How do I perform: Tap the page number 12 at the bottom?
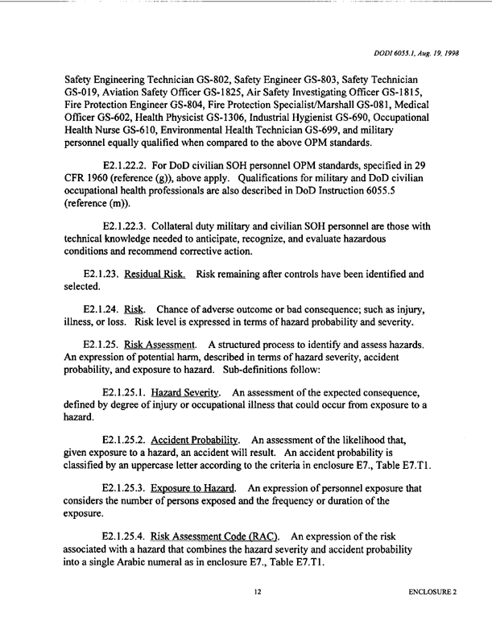pos(257,593)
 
